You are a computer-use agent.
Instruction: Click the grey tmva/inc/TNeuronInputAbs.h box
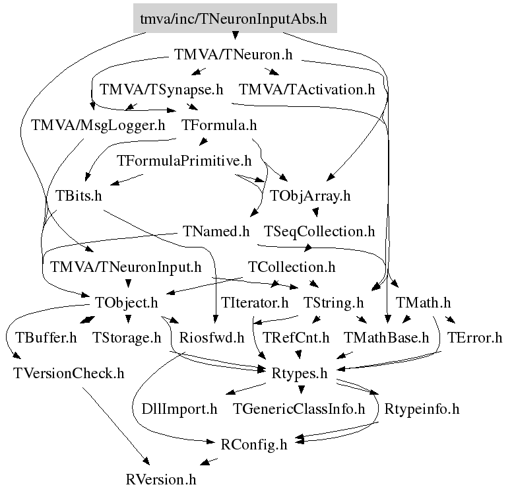pyautogui.click(x=234, y=18)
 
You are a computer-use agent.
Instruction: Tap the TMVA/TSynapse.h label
pyautogui.click(x=161, y=89)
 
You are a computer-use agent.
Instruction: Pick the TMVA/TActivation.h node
pyautogui.click(x=307, y=89)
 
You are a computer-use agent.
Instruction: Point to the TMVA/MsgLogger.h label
pyautogui.click(x=98, y=125)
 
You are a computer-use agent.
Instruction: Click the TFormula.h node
pyautogui.click(x=218, y=125)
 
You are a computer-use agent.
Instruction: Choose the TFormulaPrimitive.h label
pyautogui.click(x=184, y=160)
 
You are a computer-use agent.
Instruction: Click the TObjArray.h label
pyautogui.click(x=310, y=196)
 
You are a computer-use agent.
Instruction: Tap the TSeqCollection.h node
pyautogui.click(x=319, y=232)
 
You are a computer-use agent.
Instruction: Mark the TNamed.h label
pyautogui.click(x=215, y=232)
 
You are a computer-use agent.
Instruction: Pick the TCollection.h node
pyautogui.click(x=291, y=267)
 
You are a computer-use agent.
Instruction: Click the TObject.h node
pyautogui.click(x=127, y=303)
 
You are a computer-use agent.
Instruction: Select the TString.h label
pyautogui.click(x=333, y=303)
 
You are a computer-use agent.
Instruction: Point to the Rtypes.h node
pyautogui.click(x=300, y=374)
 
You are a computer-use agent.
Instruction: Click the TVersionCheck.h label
pyautogui.click(x=68, y=374)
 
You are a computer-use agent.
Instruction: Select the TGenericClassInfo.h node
pyautogui.click(x=298, y=409)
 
